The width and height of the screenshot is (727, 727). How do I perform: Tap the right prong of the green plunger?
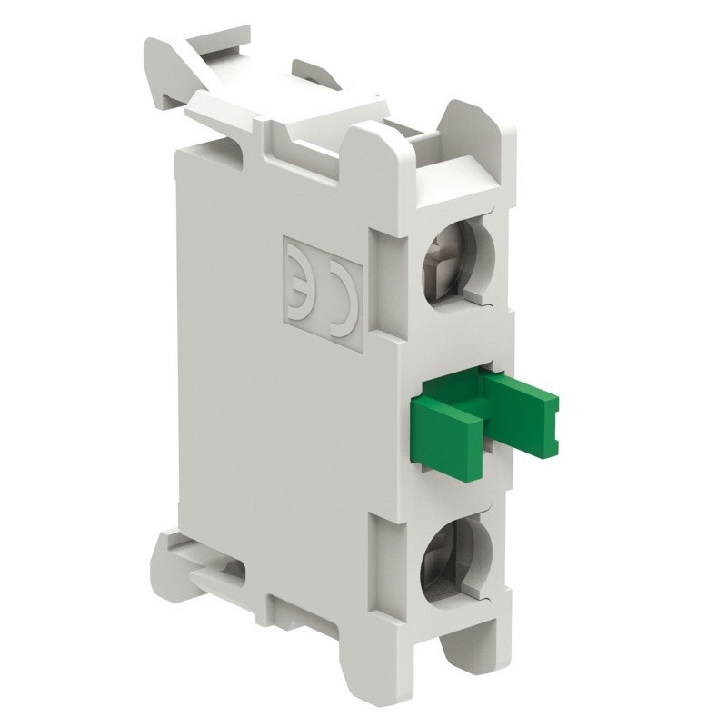click(522, 400)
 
